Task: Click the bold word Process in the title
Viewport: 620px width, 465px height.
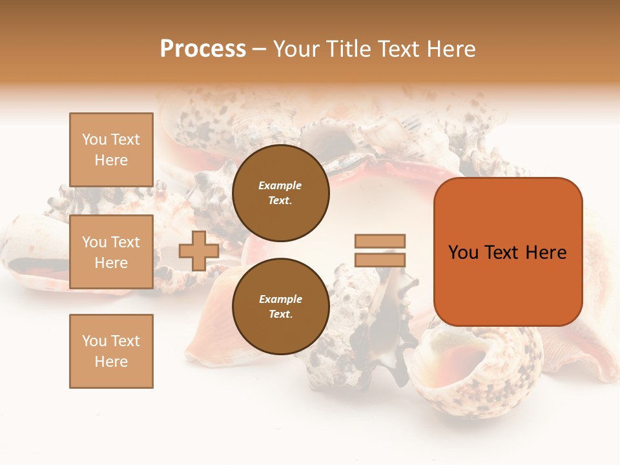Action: (x=203, y=49)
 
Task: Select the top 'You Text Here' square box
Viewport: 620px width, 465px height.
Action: (x=111, y=150)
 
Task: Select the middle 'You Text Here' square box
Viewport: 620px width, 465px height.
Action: (x=111, y=252)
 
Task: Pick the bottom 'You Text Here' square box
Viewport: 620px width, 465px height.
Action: (x=111, y=351)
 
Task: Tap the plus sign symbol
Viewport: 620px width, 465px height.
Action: (x=199, y=251)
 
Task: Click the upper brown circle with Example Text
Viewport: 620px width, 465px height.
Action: (x=280, y=192)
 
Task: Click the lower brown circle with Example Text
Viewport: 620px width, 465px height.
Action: (x=280, y=306)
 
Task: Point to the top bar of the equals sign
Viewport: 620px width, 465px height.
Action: (x=380, y=241)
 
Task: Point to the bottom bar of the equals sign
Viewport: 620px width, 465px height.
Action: (x=380, y=260)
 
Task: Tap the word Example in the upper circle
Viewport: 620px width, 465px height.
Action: (x=280, y=185)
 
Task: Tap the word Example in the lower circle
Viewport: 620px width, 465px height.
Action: (x=280, y=299)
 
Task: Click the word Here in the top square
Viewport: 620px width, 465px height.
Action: (x=111, y=160)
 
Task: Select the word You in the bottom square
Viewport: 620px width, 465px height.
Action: (x=94, y=341)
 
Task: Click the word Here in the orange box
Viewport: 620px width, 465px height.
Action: (x=546, y=253)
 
